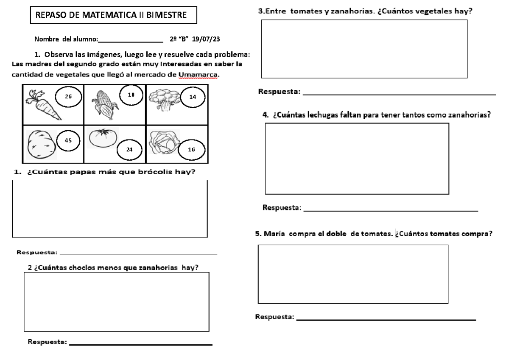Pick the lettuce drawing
(165, 142)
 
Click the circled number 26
(67, 97)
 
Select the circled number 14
(193, 97)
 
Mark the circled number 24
(129, 149)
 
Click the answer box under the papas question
(110, 209)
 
